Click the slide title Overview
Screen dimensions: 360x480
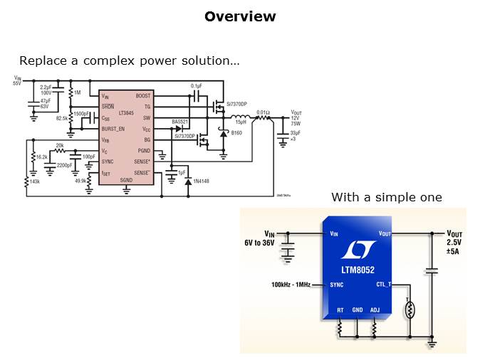tap(240, 16)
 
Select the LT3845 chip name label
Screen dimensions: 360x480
tap(126, 113)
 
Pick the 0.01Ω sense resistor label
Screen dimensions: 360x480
tap(263, 112)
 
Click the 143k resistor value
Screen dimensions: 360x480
tap(35, 182)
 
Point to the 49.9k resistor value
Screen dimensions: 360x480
tap(80, 181)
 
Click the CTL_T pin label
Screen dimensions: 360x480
tap(384, 285)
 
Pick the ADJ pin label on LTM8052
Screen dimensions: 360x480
tap(376, 310)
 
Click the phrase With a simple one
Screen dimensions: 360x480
tap(386, 197)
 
